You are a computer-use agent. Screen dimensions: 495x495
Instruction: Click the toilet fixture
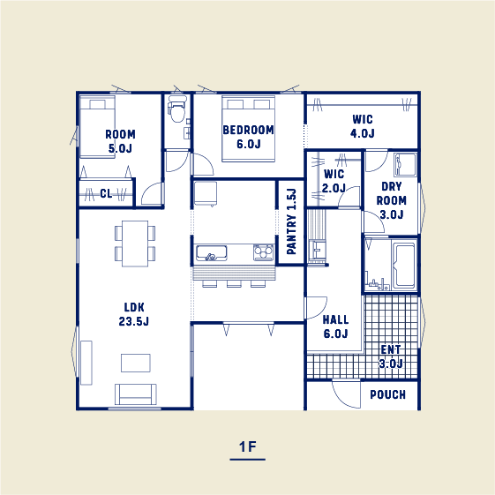coord(176,109)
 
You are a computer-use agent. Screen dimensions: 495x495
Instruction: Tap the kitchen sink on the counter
coord(211,253)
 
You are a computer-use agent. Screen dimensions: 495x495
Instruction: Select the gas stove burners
coord(263,252)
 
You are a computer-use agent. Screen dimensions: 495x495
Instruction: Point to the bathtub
coord(404,264)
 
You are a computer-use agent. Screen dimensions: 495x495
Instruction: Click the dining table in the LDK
coord(135,244)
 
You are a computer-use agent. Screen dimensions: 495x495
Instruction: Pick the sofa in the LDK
coord(136,394)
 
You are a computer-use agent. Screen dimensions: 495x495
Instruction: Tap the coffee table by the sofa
coord(136,363)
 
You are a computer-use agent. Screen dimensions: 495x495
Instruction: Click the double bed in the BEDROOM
coord(249,129)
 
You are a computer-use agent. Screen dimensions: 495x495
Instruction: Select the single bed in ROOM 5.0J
coord(97,127)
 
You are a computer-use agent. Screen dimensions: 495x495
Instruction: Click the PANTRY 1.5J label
coord(291,221)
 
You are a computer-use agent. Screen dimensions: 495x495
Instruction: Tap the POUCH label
coord(387,394)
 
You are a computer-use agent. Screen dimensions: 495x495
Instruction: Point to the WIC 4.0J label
coord(363,126)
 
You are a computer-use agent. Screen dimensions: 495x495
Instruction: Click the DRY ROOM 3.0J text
coord(392,200)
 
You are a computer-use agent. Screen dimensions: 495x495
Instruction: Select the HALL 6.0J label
coord(335,326)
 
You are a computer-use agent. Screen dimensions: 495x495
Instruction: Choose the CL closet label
coord(106,193)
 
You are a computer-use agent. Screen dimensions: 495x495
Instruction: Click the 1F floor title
coord(248,446)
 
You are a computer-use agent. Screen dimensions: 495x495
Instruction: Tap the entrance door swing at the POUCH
coord(346,394)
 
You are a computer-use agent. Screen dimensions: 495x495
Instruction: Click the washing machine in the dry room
coord(405,164)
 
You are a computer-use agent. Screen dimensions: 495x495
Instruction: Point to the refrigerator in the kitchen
coord(206,193)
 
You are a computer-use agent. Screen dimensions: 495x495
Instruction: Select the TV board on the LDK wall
coord(86,363)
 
